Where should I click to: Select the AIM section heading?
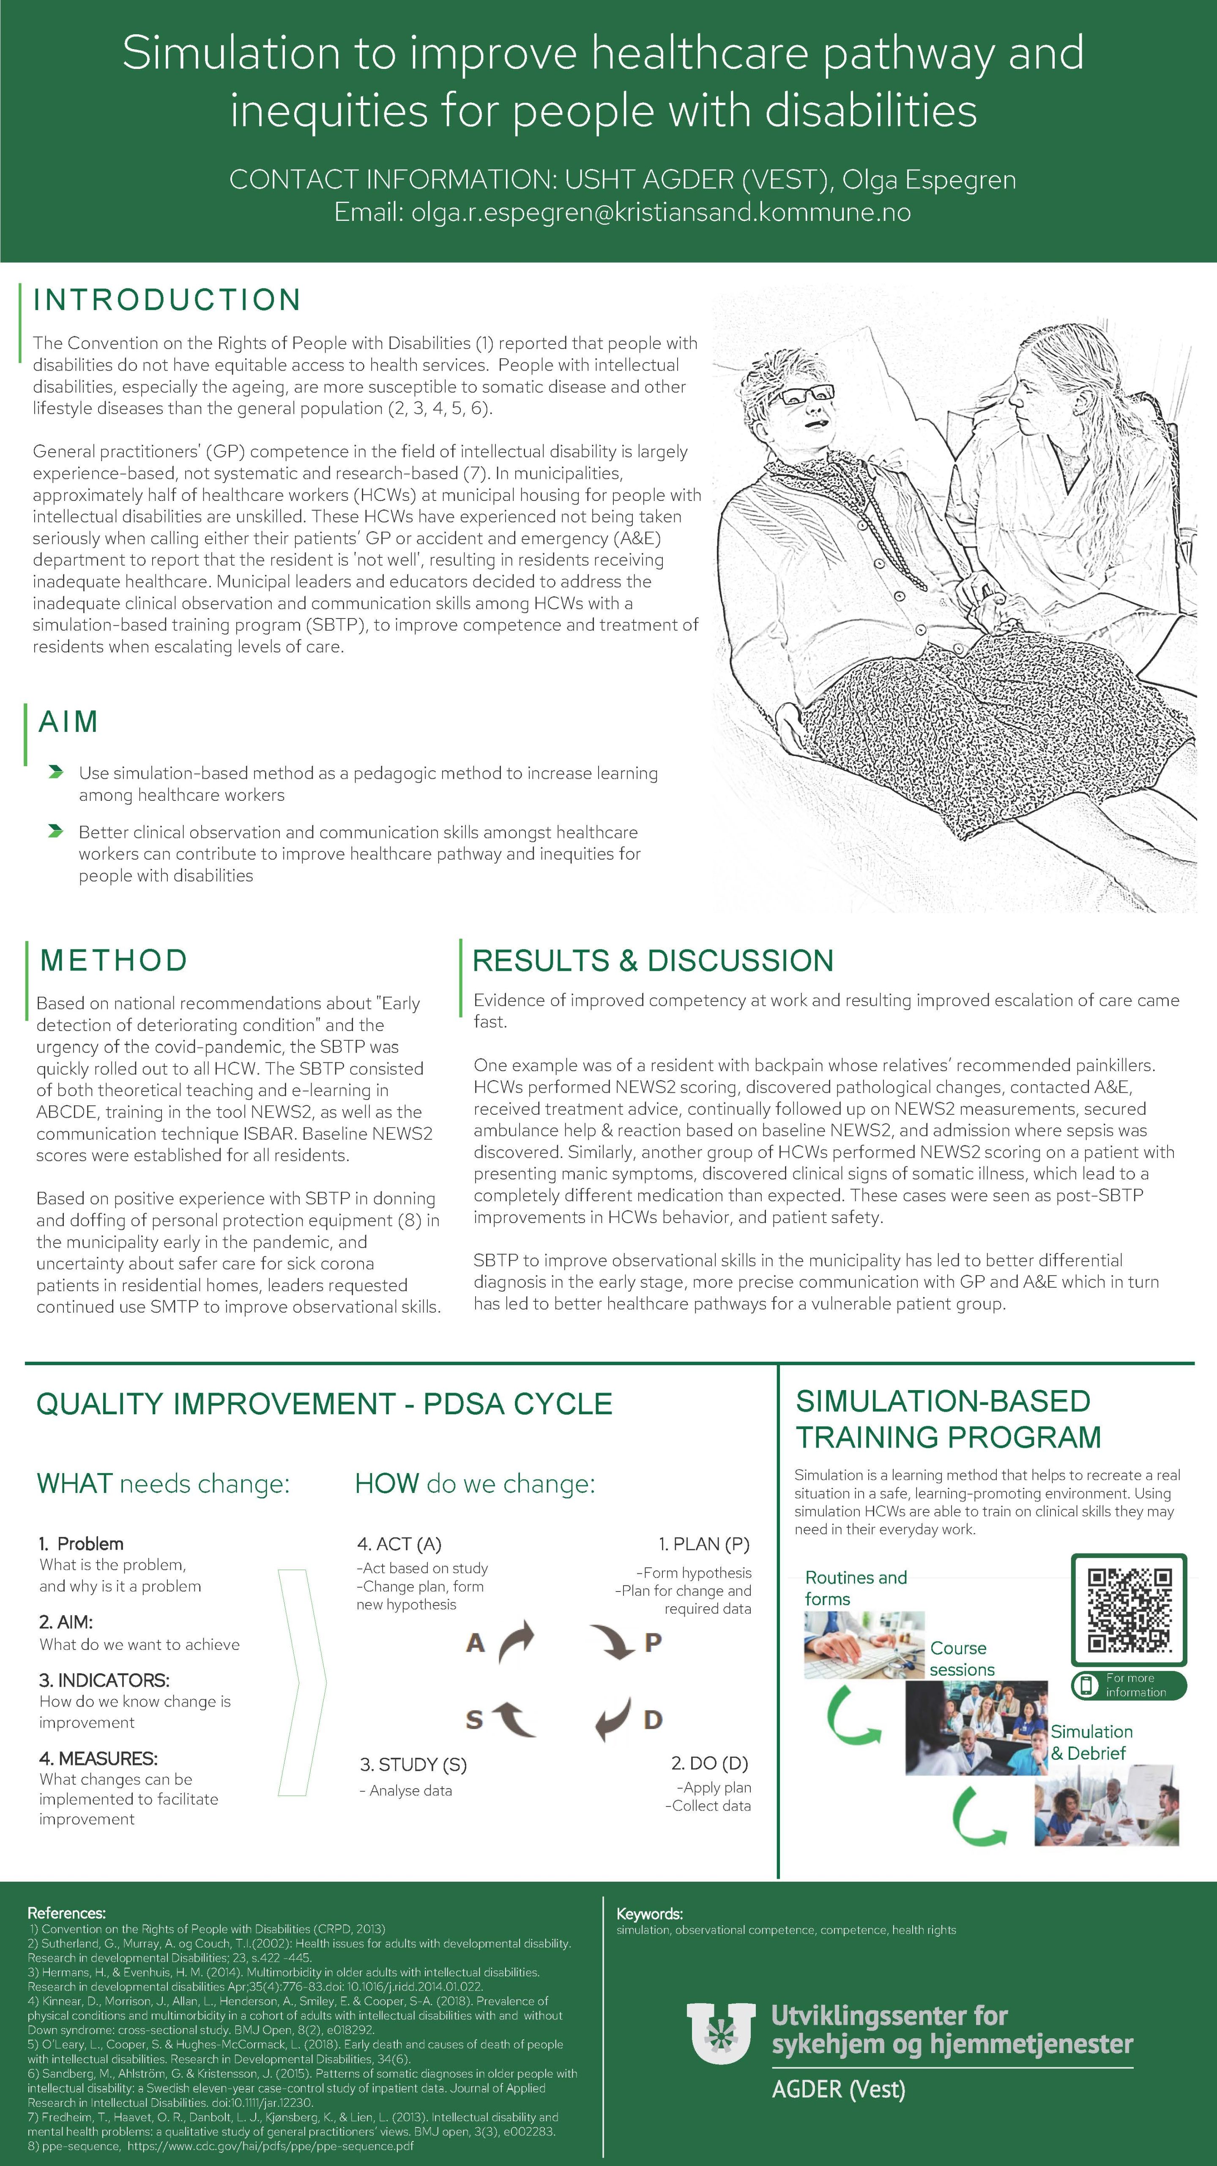[x=68, y=721]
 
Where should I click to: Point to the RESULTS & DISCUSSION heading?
[x=652, y=960]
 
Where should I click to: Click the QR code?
[x=1129, y=1609]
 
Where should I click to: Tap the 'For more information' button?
[x=1129, y=1685]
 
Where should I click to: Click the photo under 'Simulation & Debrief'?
[x=1106, y=1805]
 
